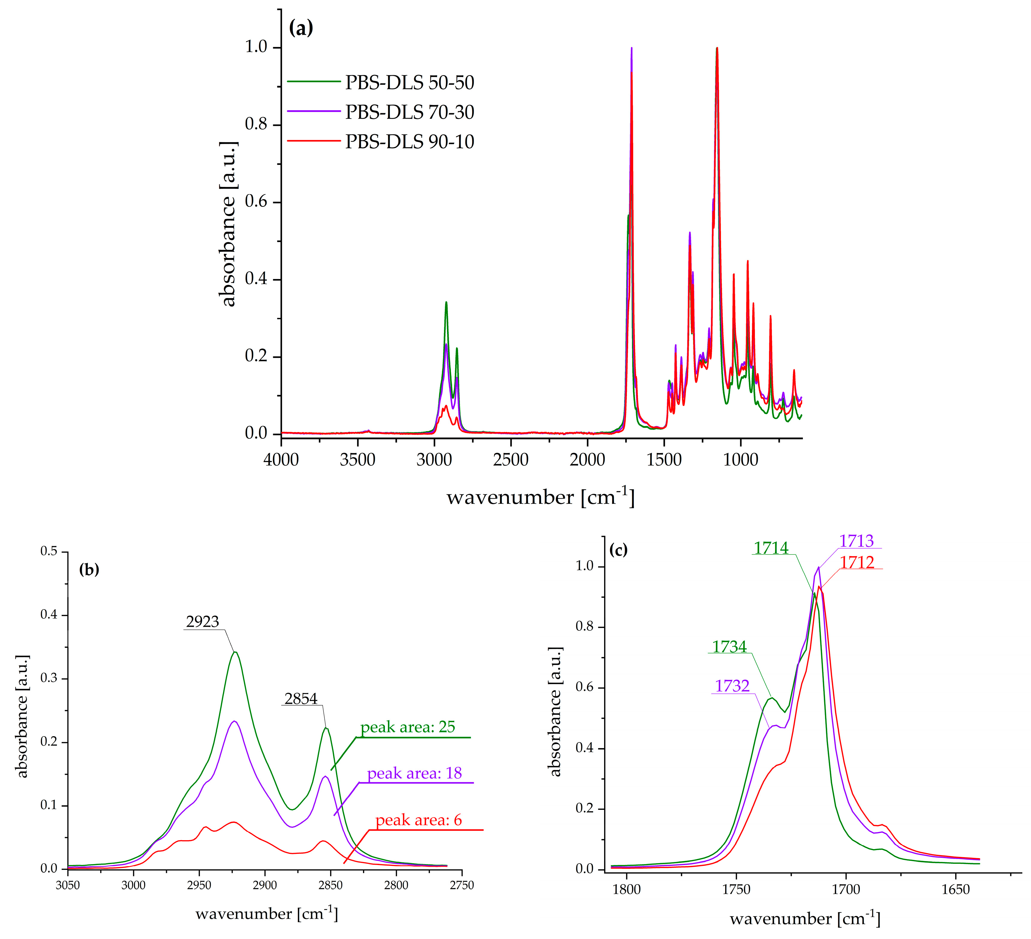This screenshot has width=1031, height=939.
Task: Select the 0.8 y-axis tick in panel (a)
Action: tap(256, 124)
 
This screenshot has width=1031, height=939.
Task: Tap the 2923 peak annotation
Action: tap(203, 622)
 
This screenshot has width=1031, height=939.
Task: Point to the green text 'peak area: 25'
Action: tap(408, 727)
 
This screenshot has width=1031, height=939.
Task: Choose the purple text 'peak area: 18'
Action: tap(414, 773)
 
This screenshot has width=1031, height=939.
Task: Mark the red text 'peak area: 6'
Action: tap(418, 820)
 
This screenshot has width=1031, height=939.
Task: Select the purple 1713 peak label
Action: tap(856, 541)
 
